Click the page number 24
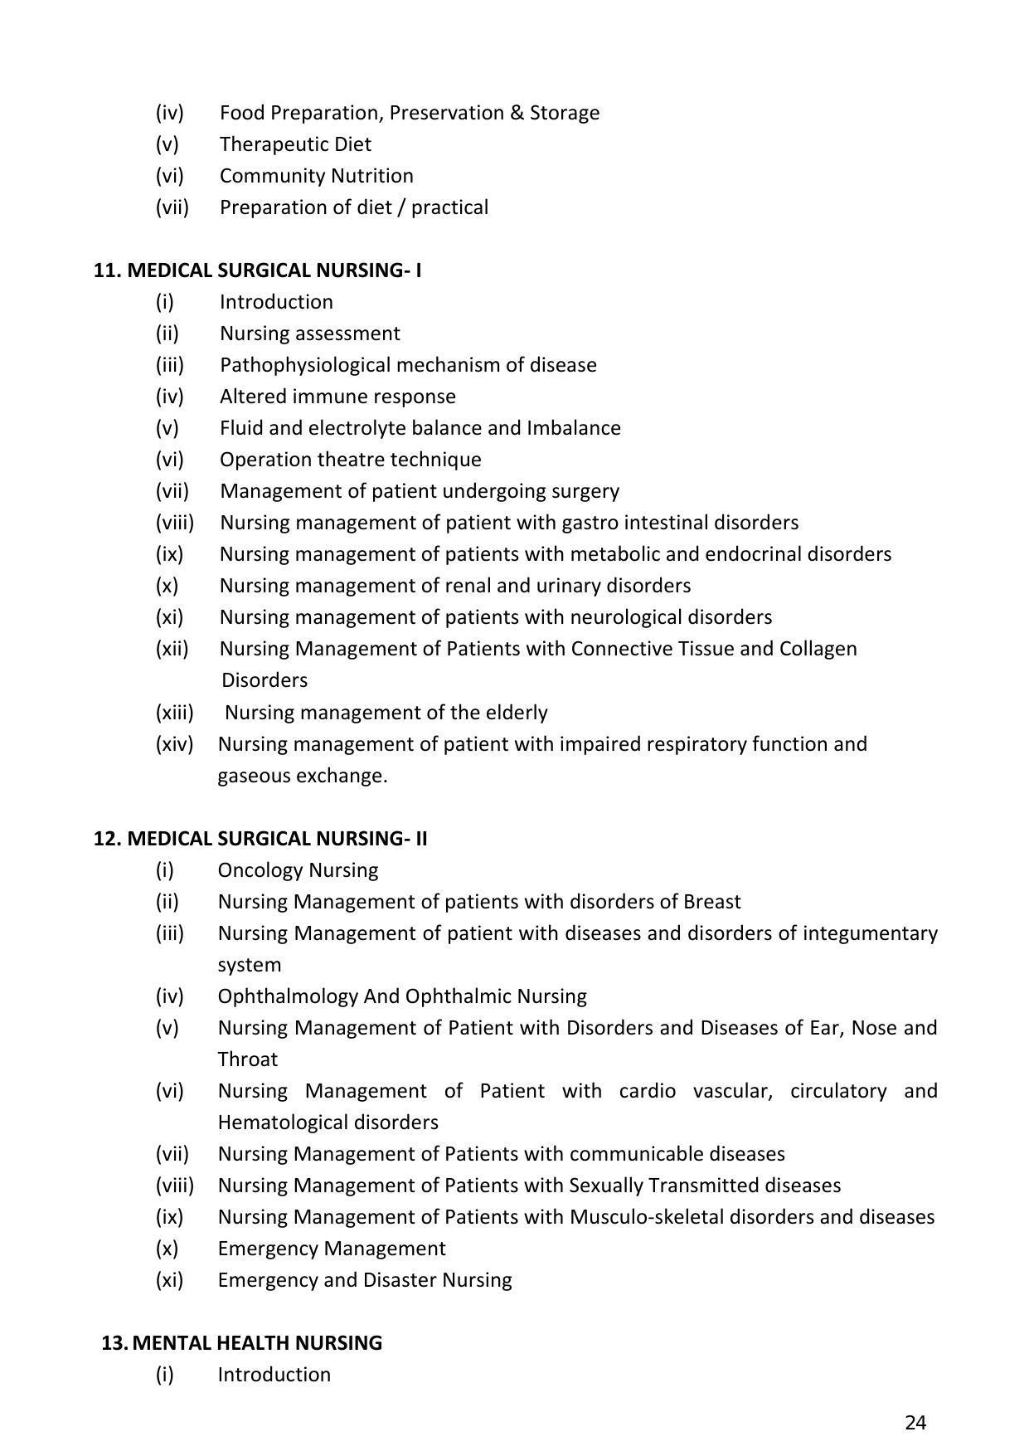915,1423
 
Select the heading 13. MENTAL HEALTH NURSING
241,1342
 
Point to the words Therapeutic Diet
295,144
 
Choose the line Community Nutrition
316,176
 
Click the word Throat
247,1059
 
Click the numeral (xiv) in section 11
174,744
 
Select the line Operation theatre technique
350,460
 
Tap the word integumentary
870,933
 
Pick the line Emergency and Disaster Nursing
364,1280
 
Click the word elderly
515,713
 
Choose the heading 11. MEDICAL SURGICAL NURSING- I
257,270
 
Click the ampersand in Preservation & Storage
517,113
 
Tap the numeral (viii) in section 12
174,1186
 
